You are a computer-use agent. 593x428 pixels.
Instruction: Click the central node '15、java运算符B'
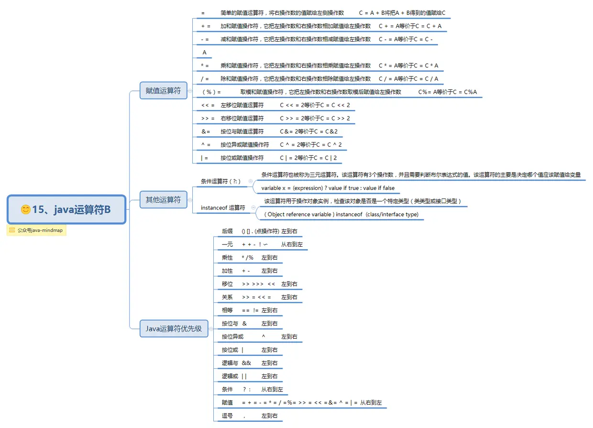click(66, 209)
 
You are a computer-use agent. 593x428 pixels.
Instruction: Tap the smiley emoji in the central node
click(26, 209)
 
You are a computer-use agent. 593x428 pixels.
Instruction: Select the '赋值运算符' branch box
click(163, 90)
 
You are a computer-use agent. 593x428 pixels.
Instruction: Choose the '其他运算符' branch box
click(163, 200)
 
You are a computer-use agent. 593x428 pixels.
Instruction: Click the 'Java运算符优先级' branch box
click(174, 329)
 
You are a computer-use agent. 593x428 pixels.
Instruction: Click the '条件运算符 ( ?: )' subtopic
click(220, 181)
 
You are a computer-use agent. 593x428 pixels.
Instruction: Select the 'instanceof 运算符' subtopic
click(223, 208)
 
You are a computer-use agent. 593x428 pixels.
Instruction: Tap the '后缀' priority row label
click(227, 231)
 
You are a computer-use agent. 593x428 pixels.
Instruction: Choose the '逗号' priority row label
click(227, 416)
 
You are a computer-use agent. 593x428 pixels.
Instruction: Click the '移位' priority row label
click(227, 284)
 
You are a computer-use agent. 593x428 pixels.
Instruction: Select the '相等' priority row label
click(227, 310)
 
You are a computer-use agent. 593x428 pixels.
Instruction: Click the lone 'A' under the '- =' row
click(205, 52)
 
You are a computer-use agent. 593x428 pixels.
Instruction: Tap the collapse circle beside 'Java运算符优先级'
click(211, 329)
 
